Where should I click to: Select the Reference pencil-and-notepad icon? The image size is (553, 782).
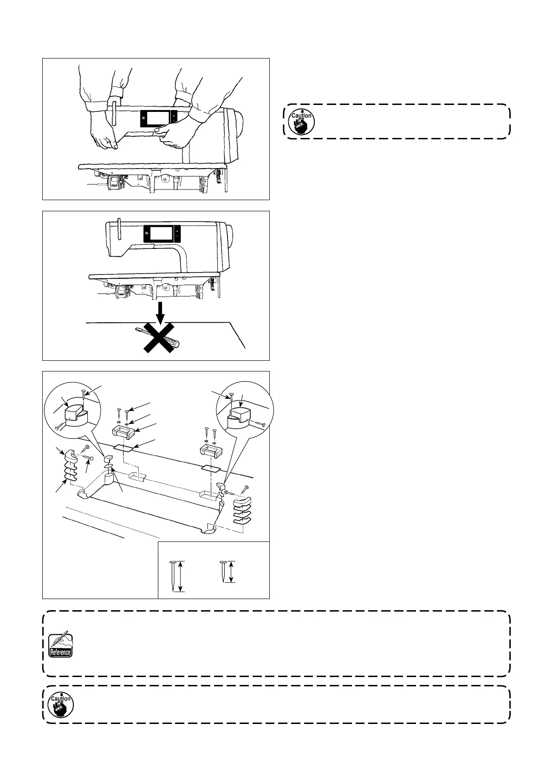coord(60,644)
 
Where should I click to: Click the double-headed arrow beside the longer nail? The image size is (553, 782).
coord(182,576)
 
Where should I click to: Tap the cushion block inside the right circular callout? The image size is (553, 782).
coord(241,415)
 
